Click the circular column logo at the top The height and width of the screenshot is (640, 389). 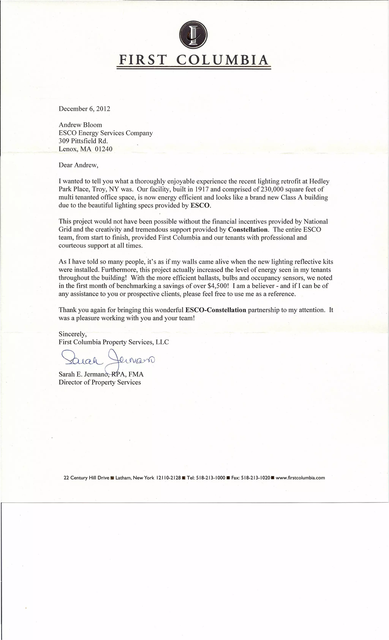(193, 35)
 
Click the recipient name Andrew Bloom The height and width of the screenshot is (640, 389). (80, 125)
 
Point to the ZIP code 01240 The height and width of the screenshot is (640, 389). (104, 149)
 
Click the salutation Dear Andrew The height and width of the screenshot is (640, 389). (78, 165)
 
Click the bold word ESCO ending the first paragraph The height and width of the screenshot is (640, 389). (200, 205)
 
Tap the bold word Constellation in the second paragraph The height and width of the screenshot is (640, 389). (248, 229)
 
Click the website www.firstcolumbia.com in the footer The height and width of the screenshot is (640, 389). (300, 477)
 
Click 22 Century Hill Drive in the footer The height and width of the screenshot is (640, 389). (86, 477)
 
